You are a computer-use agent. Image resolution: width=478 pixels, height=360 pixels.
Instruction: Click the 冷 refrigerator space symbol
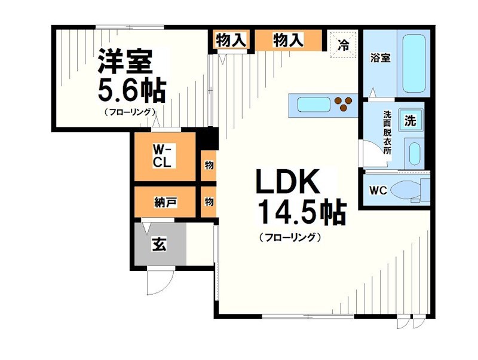[x=344, y=43]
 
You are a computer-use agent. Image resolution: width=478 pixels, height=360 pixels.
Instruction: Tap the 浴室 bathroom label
[x=381, y=59]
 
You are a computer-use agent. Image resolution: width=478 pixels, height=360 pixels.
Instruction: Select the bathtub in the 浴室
[x=413, y=64]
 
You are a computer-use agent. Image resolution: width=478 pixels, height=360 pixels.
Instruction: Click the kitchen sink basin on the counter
[x=312, y=105]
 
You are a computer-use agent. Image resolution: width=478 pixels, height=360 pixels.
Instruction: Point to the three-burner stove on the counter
[x=344, y=105]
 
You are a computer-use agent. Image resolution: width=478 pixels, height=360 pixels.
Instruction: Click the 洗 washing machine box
[x=410, y=120]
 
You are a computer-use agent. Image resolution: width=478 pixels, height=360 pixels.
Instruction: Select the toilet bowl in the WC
[x=412, y=191]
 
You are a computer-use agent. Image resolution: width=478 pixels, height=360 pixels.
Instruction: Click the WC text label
[x=378, y=191]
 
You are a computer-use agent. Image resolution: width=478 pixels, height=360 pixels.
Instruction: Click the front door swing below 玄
[x=160, y=279]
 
